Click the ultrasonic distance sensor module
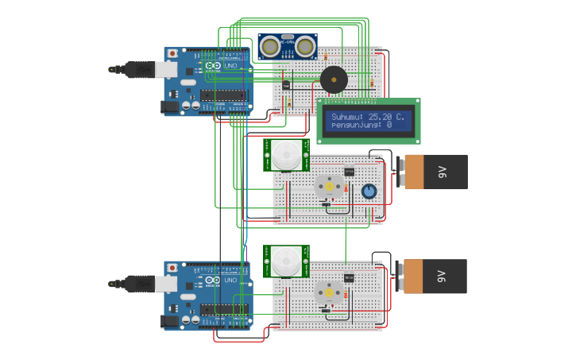click(288, 46)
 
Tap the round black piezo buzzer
click(333, 79)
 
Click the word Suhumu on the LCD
click(348, 116)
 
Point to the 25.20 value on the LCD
click(384, 116)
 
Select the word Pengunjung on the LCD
click(355, 125)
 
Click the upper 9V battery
click(434, 171)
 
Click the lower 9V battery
click(434, 276)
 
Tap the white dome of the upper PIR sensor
click(287, 154)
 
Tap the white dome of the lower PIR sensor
click(287, 261)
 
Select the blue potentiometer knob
click(369, 191)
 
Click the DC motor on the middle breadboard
click(328, 187)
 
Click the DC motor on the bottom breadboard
click(328, 292)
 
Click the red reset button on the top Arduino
click(172, 54)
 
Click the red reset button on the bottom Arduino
click(172, 268)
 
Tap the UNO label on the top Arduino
click(230, 66)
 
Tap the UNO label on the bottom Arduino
click(230, 280)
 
